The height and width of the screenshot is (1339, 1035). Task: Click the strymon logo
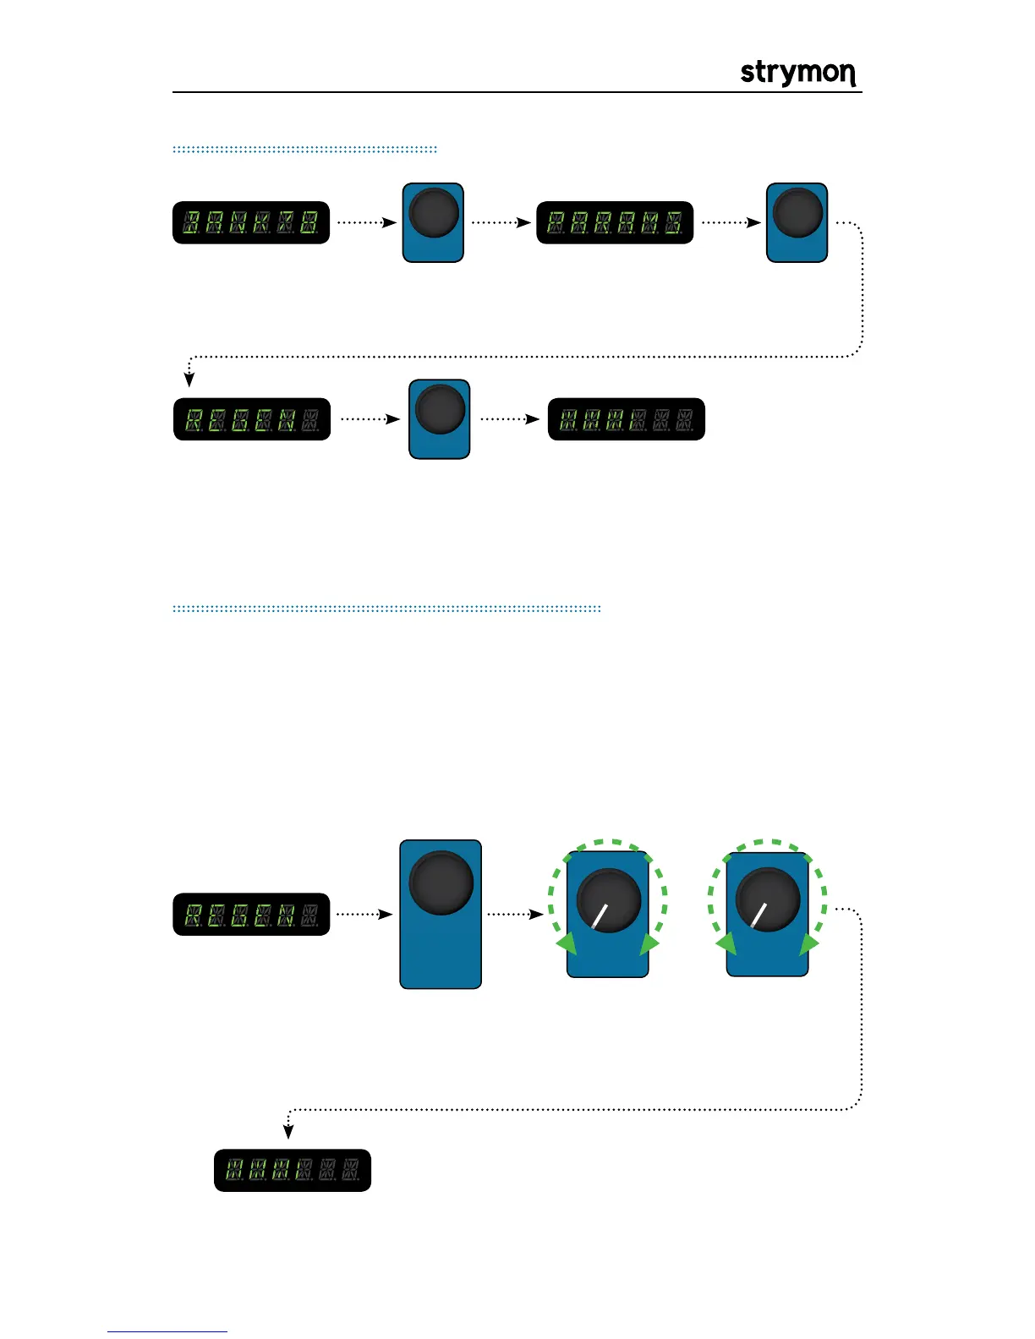[x=798, y=74]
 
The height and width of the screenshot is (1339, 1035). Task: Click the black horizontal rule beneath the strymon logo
[x=517, y=92]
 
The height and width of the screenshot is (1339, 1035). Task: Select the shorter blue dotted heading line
[x=304, y=150]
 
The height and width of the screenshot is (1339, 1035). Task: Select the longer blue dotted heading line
[x=386, y=608]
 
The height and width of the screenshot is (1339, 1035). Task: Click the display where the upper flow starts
[x=251, y=223]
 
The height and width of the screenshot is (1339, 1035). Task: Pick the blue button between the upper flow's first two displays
[x=433, y=222]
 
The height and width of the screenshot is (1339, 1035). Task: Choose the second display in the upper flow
[x=615, y=223]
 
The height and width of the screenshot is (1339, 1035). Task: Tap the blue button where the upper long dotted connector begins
[x=797, y=222]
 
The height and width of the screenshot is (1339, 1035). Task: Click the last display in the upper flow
[x=627, y=419]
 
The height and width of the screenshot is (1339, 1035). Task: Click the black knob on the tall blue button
[x=441, y=882]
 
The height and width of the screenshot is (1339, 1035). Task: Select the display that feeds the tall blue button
[x=251, y=914]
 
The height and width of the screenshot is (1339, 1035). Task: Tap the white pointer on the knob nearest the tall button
[x=600, y=915]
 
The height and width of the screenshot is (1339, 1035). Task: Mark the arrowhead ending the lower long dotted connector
[x=288, y=1133]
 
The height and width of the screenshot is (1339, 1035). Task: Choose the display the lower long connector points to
[x=293, y=1170]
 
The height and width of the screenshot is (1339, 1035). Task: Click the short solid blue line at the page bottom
[x=167, y=1331]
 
